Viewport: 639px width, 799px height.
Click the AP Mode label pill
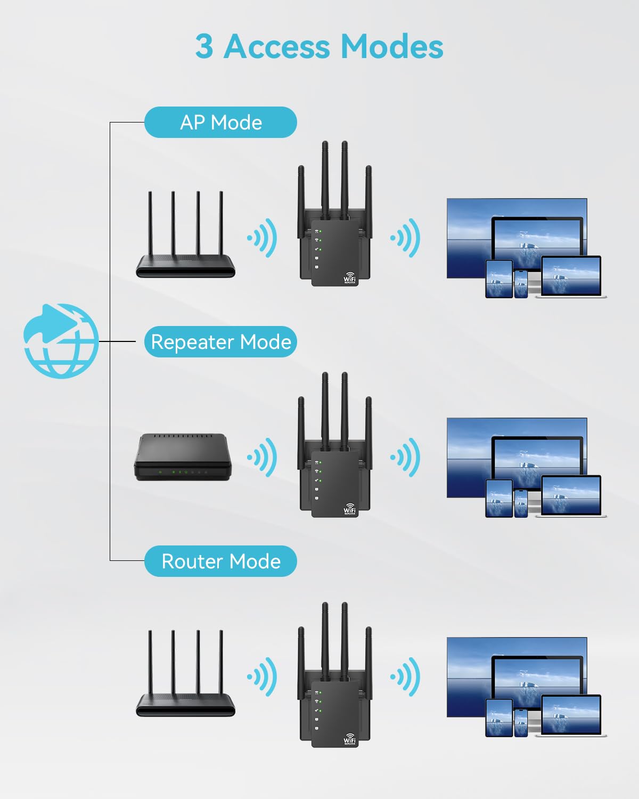point(220,123)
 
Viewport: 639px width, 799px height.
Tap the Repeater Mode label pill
point(220,342)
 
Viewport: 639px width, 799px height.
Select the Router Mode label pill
point(220,561)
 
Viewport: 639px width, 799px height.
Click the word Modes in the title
point(391,47)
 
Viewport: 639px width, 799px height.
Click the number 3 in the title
point(204,47)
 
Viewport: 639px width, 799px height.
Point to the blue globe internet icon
point(61,341)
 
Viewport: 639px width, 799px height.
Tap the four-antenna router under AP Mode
point(185,250)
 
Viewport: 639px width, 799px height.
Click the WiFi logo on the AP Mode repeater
point(349,278)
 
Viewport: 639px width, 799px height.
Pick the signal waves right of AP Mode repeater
point(406,238)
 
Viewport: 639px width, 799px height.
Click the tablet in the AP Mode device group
point(499,279)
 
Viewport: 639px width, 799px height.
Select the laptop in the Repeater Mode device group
point(571,495)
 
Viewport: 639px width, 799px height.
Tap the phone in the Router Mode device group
point(521,722)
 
